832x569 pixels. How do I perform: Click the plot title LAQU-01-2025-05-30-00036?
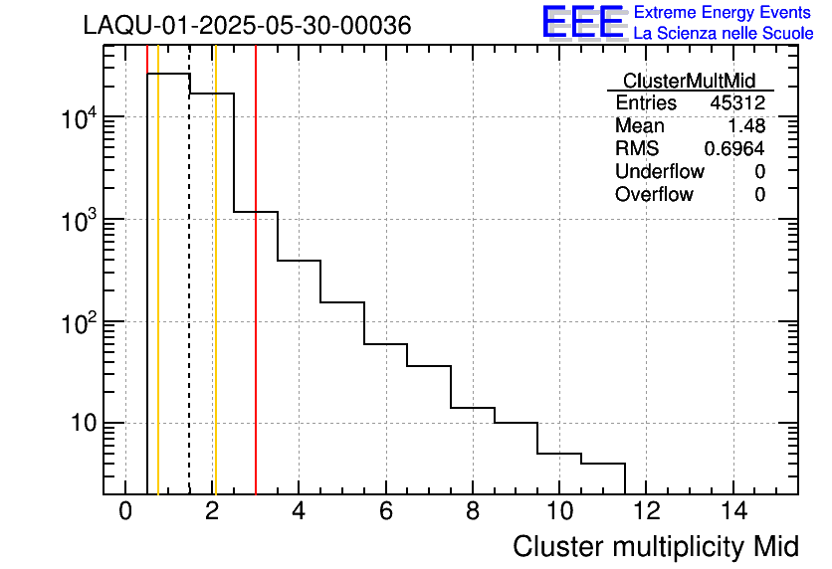pyautogui.click(x=247, y=26)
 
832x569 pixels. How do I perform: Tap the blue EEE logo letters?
pyautogui.click(x=582, y=23)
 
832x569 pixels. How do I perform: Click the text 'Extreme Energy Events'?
pyautogui.click(x=723, y=12)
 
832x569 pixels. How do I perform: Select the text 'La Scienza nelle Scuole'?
pyautogui.click(x=723, y=33)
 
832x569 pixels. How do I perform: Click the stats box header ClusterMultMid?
pyautogui.click(x=689, y=81)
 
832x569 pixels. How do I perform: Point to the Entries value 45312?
pyautogui.click(x=737, y=103)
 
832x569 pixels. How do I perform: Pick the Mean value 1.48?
pyautogui.click(x=746, y=126)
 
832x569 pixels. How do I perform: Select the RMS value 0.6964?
pyautogui.click(x=734, y=149)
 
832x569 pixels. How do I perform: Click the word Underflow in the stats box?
pyautogui.click(x=659, y=172)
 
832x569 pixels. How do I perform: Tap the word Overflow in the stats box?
pyautogui.click(x=654, y=195)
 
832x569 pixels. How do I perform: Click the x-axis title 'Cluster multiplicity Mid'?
pyautogui.click(x=655, y=546)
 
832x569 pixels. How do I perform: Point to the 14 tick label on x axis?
pyautogui.click(x=732, y=512)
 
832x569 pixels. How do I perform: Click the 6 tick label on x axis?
pyautogui.click(x=385, y=512)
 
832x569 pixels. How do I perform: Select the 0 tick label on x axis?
pyautogui.click(x=125, y=512)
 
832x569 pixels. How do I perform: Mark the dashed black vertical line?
pyautogui.click(x=189, y=298)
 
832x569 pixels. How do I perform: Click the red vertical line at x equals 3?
pyautogui.click(x=256, y=298)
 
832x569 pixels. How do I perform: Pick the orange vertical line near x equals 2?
pyautogui.click(x=215, y=298)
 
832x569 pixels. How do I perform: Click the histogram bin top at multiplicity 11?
pyautogui.click(x=603, y=464)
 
